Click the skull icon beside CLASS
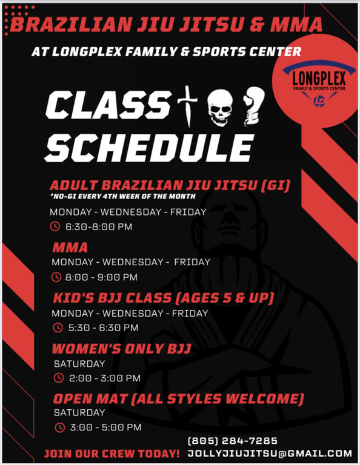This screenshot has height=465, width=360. [220, 107]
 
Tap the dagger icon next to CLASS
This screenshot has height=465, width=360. [187, 106]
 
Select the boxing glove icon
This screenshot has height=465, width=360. [253, 105]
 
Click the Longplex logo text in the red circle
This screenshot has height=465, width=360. [319, 79]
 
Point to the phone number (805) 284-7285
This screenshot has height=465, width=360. [233, 441]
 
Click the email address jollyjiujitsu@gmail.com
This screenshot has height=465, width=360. [270, 453]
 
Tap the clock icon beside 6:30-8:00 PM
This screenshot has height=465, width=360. [55, 226]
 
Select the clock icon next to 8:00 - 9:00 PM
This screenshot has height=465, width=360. [56, 277]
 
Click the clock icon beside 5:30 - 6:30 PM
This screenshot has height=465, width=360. [58, 328]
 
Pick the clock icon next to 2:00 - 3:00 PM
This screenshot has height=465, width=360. [58, 378]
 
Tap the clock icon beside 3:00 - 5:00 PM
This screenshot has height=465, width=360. [59, 427]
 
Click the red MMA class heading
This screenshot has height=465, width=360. [70, 247]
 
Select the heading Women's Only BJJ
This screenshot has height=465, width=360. [121, 349]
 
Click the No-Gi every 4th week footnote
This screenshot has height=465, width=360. [123, 196]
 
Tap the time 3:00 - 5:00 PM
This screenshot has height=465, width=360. [105, 427]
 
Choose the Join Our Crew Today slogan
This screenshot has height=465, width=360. [112, 453]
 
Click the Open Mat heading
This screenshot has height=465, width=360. [179, 398]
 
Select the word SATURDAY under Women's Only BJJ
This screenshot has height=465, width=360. [79, 363]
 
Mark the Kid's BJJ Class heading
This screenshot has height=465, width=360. [164, 298]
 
